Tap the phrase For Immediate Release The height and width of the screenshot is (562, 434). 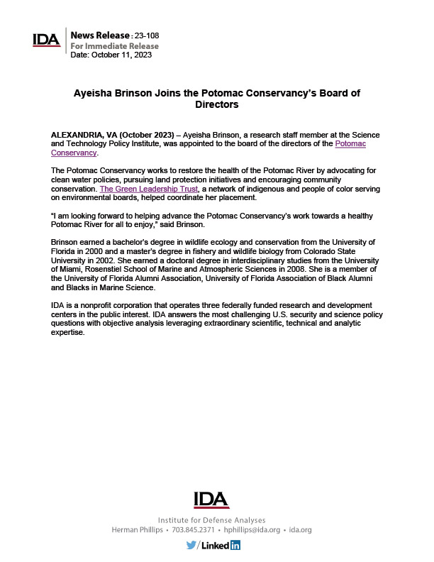[115, 46]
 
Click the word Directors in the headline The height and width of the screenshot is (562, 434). [216, 104]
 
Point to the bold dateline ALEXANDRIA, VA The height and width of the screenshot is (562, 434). [87, 135]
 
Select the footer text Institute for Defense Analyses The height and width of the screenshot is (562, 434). [211, 520]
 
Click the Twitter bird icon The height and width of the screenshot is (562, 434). [191, 545]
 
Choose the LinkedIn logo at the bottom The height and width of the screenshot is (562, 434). [221, 545]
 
